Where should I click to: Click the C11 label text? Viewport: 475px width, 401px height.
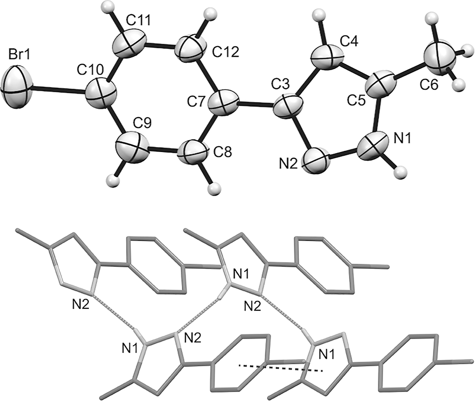click(138, 21)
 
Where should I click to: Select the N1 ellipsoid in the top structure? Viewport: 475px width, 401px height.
click(373, 146)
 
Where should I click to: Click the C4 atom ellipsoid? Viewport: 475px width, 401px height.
click(328, 57)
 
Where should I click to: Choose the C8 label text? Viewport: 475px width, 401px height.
click(223, 152)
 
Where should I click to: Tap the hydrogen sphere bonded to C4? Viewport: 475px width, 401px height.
click(319, 15)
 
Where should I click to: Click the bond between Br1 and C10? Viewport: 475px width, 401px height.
click(57, 89)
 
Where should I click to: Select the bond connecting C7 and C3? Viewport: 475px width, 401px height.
click(256, 104)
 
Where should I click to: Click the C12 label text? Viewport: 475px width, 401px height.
click(225, 52)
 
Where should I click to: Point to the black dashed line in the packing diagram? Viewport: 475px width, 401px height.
click(281, 368)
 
